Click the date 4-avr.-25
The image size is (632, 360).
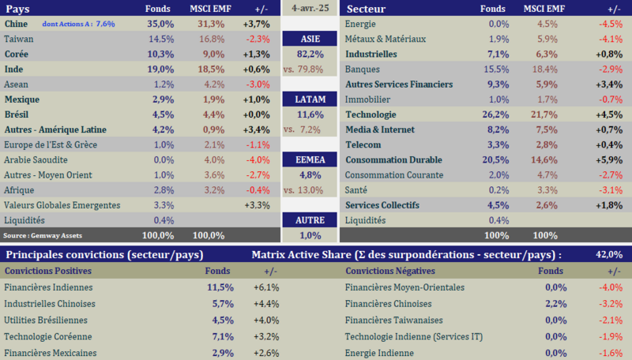point(310,9)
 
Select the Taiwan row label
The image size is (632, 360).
point(19,39)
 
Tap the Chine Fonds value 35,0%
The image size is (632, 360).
point(160,24)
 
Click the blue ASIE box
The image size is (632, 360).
point(310,39)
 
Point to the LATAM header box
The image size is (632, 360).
point(310,99)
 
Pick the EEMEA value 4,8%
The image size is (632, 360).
point(310,174)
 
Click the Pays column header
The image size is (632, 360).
point(19,9)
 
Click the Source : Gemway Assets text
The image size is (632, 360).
point(43,235)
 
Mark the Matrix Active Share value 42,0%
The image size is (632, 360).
point(609,254)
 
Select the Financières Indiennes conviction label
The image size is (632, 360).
point(48,288)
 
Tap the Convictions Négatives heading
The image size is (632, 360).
point(391,271)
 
